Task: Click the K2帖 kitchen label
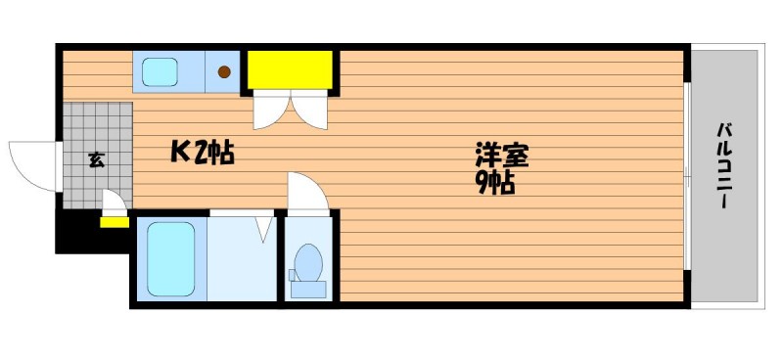click(203, 153)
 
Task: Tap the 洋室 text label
click(501, 156)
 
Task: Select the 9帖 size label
click(495, 183)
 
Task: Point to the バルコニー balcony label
click(723, 165)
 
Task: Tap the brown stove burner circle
click(224, 71)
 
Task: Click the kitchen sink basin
click(160, 71)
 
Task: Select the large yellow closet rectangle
click(291, 69)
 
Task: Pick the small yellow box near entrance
click(115, 222)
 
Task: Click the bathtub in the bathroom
click(171, 258)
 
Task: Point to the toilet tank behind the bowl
click(308, 290)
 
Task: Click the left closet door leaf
click(271, 110)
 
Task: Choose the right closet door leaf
click(309, 110)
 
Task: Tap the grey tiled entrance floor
click(98, 155)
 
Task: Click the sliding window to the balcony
click(687, 176)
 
